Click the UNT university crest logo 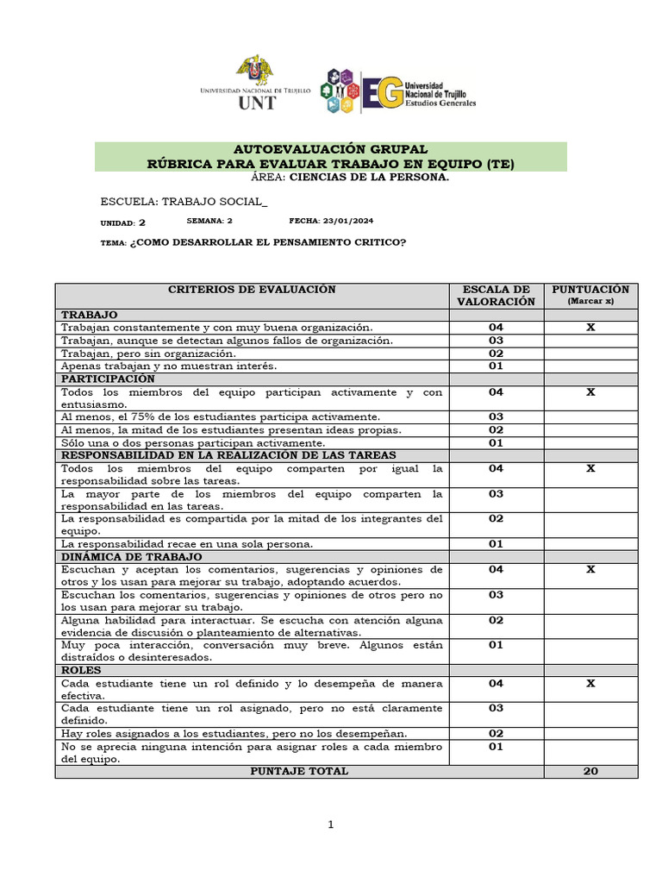(254, 71)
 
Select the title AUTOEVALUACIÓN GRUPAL (330, 149)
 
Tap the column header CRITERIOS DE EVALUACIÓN (252, 290)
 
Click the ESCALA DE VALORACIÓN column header (496, 295)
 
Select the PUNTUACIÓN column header (590, 290)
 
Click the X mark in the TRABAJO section (590, 328)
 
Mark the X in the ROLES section (590, 683)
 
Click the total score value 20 (590, 771)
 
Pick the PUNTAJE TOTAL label (299, 771)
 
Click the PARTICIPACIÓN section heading (108, 379)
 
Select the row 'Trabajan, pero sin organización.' (147, 354)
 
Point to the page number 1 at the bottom (330, 825)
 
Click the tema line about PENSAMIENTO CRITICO (253, 242)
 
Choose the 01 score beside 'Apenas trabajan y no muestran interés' (496, 366)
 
